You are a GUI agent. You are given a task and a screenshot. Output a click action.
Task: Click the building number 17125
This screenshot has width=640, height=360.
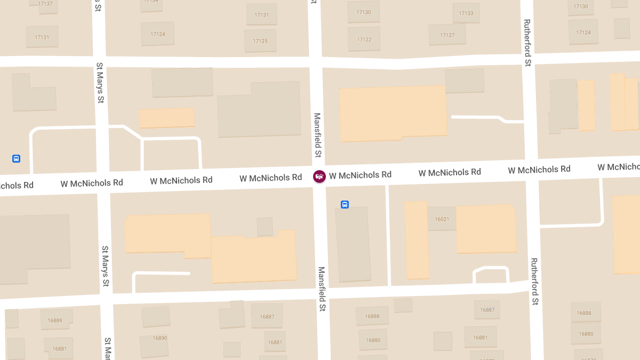[x=260, y=41]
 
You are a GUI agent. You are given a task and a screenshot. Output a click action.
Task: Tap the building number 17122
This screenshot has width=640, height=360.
[x=364, y=39]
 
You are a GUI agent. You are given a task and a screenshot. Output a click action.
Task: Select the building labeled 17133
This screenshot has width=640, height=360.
[x=466, y=13]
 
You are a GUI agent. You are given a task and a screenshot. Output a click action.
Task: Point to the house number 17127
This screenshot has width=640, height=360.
[x=447, y=35]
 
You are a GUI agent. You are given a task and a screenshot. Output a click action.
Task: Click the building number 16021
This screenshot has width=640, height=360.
[x=442, y=219]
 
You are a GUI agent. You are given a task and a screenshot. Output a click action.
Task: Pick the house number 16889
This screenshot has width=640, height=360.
[x=55, y=321]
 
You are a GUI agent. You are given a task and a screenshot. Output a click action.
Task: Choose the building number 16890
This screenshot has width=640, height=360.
[x=160, y=338]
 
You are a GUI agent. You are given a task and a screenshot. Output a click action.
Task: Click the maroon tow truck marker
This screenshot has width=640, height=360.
[x=319, y=177]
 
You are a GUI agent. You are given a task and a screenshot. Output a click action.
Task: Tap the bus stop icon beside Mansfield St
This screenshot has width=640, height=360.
[x=345, y=204]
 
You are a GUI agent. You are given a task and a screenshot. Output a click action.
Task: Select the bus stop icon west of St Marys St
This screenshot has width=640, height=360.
[x=17, y=158]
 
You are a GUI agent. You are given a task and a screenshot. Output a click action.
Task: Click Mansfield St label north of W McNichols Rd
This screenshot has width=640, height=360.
[x=318, y=135]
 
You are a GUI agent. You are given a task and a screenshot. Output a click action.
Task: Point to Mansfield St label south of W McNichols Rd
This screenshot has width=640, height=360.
[x=322, y=289]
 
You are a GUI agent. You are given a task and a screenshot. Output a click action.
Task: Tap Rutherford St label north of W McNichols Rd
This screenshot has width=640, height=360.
[x=527, y=43]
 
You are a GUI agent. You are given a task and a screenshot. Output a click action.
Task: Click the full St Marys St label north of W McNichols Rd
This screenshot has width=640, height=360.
[x=100, y=83]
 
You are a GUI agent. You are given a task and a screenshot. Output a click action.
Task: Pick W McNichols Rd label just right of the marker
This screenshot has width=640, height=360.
[x=360, y=175]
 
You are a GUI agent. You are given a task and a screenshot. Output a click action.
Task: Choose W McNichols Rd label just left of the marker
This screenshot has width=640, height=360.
[x=270, y=178]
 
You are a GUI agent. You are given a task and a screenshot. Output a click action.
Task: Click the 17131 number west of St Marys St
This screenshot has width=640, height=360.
[x=42, y=37]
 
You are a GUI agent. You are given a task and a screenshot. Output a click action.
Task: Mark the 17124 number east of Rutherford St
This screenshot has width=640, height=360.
[x=583, y=33]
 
